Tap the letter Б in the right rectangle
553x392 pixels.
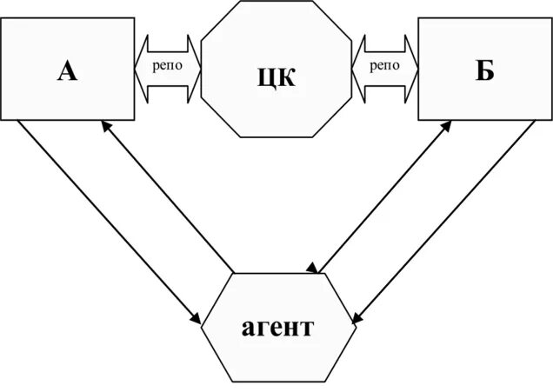[x=484, y=70]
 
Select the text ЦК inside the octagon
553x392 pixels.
[x=276, y=76]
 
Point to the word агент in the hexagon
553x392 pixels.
[x=277, y=329]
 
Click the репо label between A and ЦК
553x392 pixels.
[x=167, y=65]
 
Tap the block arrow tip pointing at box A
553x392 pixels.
[x=138, y=66]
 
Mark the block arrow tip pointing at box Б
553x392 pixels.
[x=414, y=66]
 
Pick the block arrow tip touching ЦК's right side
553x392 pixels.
[x=356, y=66]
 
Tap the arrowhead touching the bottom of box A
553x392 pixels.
[x=104, y=126]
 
